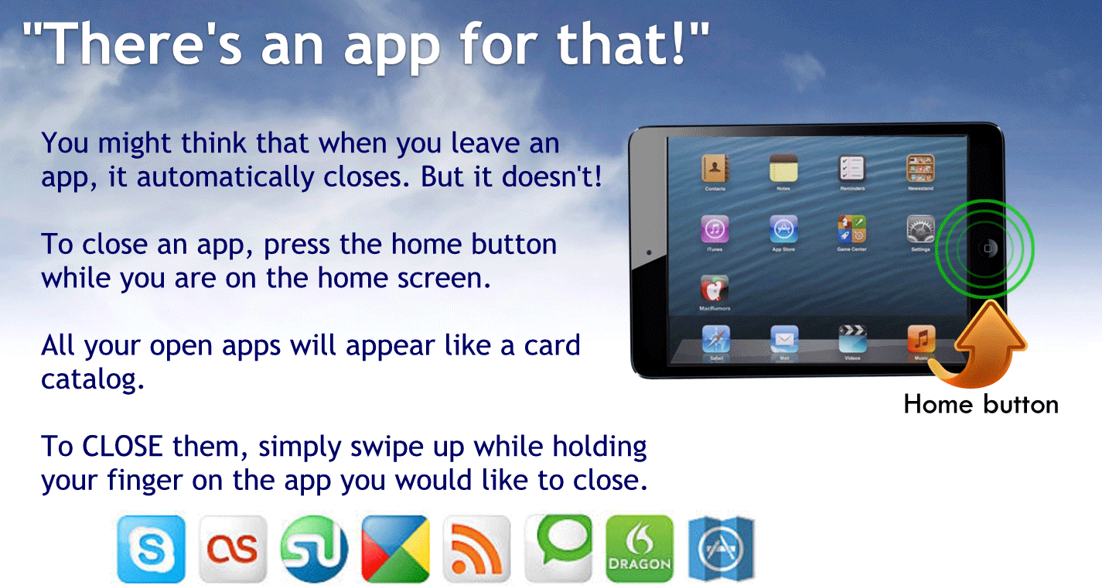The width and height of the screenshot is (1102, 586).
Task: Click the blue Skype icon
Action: click(x=152, y=549)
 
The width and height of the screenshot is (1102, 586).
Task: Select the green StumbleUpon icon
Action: click(x=314, y=549)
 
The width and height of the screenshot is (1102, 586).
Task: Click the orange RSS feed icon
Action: click(x=476, y=549)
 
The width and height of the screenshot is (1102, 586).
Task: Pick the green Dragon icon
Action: click(x=640, y=549)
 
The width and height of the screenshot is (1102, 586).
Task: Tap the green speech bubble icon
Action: click(x=558, y=547)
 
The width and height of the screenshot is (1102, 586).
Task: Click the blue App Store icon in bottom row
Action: click(x=721, y=549)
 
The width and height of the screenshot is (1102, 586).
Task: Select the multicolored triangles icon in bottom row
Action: click(x=395, y=549)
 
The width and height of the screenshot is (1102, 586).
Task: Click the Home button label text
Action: click(x=981, y=404)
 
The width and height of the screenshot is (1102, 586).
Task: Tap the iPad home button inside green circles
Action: click(x=988, y=248)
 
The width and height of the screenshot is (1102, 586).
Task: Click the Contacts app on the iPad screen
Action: click(x=715, y=168)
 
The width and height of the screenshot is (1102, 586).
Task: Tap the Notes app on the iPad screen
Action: click(x=783, y=168)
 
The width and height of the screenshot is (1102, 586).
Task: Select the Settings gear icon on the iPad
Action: click(x=920, y=230)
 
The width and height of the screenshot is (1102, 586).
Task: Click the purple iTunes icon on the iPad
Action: click(x=715, y=230)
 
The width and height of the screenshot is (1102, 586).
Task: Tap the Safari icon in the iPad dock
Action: click(x=715, y=340)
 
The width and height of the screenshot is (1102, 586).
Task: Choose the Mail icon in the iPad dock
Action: click(x=784, y=340)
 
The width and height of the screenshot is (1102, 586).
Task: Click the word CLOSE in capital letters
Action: click(x=122, y=447)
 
